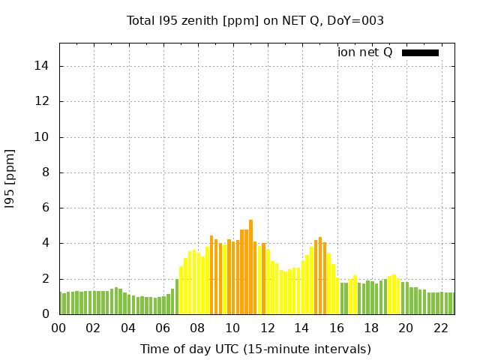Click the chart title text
[255, 21]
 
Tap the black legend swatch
[420, 52]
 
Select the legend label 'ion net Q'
[365, 52]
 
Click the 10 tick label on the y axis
[42, 137]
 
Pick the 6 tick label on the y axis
[46, 208]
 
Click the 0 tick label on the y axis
[46, 315]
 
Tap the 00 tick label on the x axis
[59, 328]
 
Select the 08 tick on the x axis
[198, 328]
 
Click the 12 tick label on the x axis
[267, 328]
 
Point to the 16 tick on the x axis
[337, 328]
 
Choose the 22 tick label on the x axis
[440, 328]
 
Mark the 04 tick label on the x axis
[128, 328]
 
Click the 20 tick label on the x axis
[406, 328]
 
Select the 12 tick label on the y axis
[42, 101]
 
